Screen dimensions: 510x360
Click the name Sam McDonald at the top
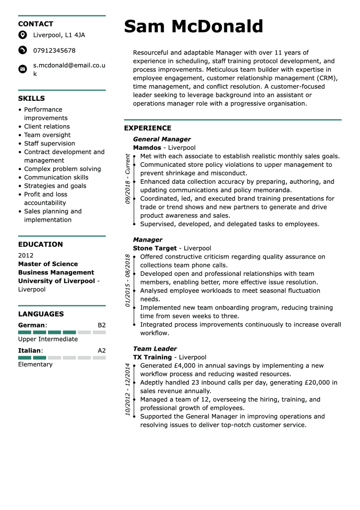point(193,27)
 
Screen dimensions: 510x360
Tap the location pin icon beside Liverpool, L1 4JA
point(22,35)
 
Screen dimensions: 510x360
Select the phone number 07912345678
point(54,50)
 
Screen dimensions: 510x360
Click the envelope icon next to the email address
point(22,69)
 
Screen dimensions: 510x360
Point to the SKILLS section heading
point(31,98)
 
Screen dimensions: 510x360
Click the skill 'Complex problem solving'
point(62,169)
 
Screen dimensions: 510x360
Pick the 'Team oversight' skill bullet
point(47,135)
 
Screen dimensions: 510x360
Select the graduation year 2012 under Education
point(26,255)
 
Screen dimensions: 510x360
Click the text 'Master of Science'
point(48,264)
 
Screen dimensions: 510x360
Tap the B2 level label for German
point(102,325)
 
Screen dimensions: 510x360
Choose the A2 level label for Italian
point(102,351)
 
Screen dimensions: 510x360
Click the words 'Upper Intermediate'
point(48,339)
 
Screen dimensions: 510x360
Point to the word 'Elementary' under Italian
point(35,364)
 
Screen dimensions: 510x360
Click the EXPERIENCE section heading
point(147,128)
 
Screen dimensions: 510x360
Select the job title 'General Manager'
point(162,139)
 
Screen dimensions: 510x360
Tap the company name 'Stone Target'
point(155,248)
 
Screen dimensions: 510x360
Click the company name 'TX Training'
point(152,357)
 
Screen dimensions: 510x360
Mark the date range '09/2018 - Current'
point(127,179)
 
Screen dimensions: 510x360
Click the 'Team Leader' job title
point(155,349)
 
